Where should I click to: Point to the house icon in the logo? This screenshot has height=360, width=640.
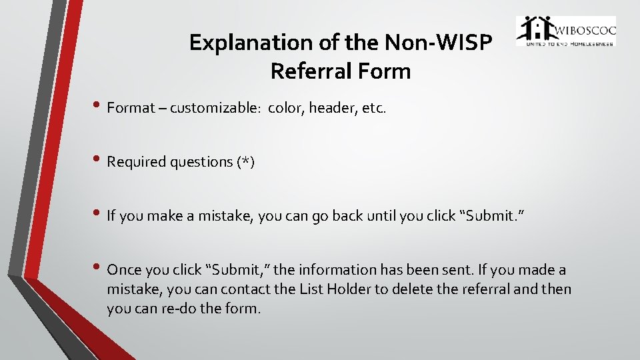click(535, 30)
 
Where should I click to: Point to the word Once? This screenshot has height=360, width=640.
click(124, 270)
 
